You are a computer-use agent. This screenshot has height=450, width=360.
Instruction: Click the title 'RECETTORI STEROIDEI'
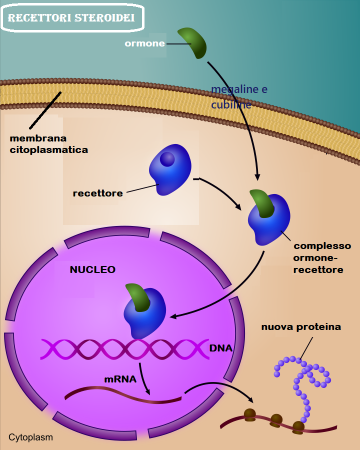(x=71, y=18)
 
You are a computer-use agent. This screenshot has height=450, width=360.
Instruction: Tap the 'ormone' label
(x=144, y=43)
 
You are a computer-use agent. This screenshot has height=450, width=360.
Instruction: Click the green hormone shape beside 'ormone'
(x=193, y=42)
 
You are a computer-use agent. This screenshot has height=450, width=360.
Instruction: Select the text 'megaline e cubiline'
(x=238, y=97)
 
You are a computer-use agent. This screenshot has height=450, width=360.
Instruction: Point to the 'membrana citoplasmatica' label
(x=48, y=143)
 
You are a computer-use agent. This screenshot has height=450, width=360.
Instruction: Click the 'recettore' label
(x=97, y=193)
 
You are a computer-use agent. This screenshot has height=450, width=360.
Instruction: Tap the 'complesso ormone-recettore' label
(x=322, y=258)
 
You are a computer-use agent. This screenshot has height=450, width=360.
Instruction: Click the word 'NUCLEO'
(x=92, y=269)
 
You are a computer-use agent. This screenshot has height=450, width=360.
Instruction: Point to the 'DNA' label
(x=220, y=348)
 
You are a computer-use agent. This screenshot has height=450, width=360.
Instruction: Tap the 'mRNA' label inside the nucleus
(x=120, y=379)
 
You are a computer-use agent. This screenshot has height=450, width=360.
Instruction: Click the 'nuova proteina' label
(x=301, y=327)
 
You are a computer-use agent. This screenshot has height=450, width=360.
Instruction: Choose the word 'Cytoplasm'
(x=30, y=437)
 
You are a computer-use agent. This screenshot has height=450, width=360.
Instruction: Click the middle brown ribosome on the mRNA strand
(x=276, y=419)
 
